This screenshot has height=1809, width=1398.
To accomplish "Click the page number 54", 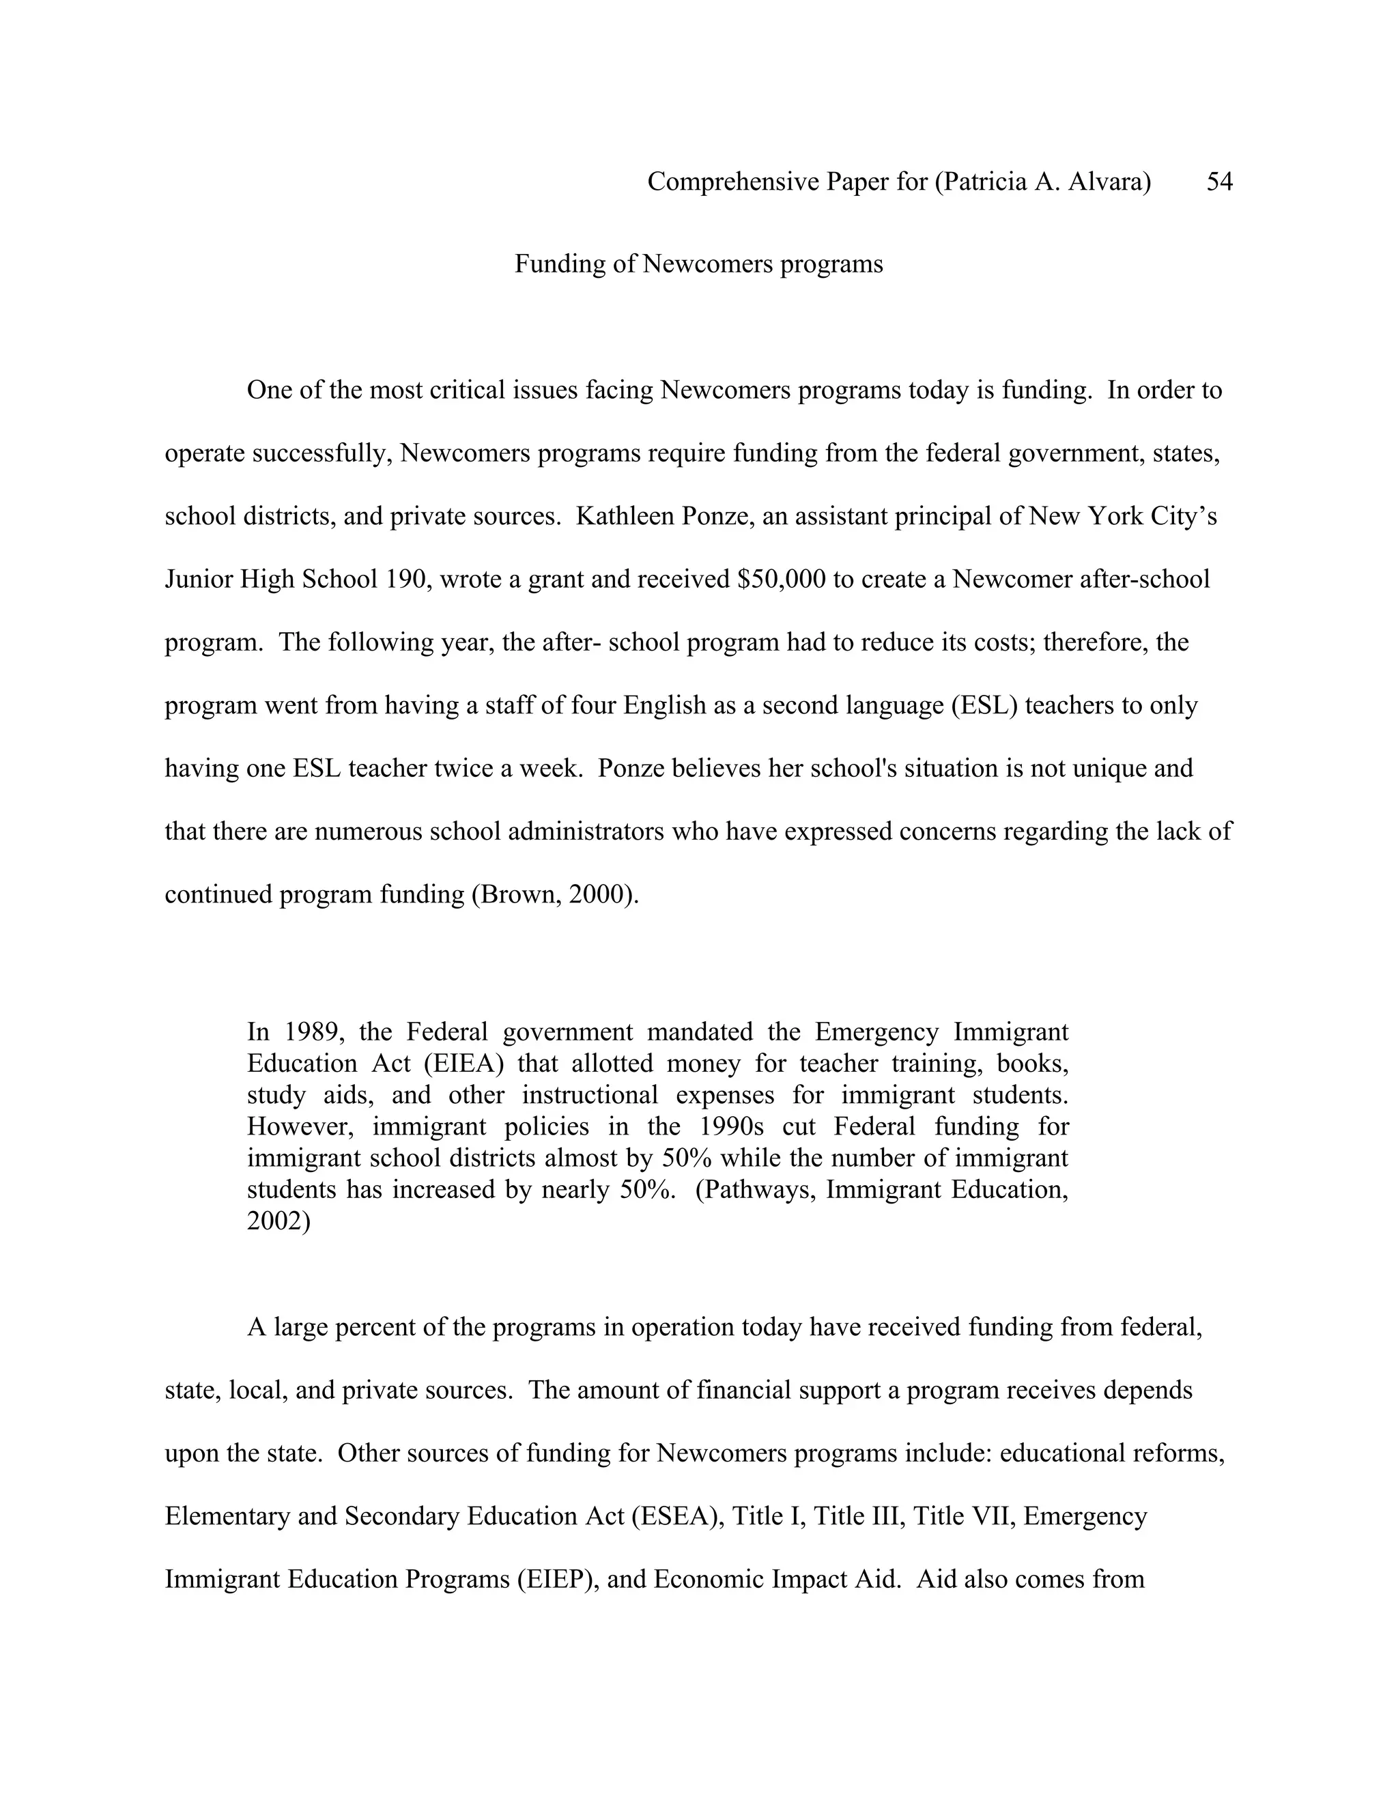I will pyautogui.click(x=1219, y=182).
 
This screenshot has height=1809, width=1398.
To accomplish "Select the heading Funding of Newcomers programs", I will pyautogui.click(x=698, y=264).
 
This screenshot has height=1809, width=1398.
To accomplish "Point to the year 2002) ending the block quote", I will pyautogui.click(x=279, y=1221).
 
